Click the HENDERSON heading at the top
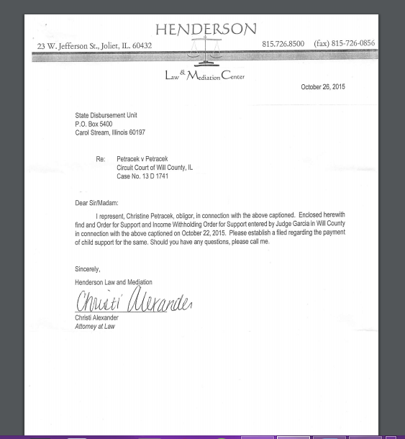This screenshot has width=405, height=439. (206, 30)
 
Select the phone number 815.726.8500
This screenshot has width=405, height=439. (283, 44)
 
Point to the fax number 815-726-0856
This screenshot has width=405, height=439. (344, 44)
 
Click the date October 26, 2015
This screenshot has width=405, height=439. (323, 87)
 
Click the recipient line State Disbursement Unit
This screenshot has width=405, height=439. (106, 116)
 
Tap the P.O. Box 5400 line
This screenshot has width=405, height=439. (94, 124)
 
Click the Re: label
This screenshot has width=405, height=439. (101, 159)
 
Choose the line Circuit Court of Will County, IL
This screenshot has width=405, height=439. (155, 168)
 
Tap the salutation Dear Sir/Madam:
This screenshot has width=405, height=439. (97, 203)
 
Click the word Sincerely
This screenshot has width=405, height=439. (88, 269)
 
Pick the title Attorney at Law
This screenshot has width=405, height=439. (95, 326)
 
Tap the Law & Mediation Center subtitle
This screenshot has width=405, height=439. (204, 75)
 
